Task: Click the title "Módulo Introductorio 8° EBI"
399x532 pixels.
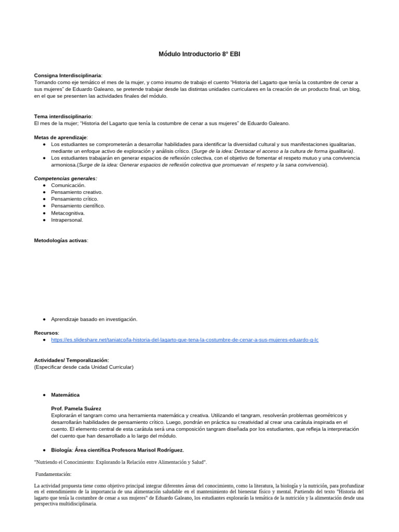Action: pos(199,54)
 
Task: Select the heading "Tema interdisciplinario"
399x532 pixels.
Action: pos(62,116)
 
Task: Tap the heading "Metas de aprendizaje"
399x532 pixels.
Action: pos(60,137)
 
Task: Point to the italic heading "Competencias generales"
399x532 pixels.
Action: pos(65,178)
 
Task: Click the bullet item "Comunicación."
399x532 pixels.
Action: pos(68,185)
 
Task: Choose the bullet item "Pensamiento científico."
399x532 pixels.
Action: pos(77,206)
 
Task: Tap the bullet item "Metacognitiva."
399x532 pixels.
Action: pos(68,213)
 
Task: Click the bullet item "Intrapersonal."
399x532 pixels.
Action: pos(67,220)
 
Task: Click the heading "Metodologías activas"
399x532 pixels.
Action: pos(60,241)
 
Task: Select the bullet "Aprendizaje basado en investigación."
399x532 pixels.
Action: pos(94,319)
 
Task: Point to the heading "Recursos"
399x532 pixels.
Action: pos(46,332)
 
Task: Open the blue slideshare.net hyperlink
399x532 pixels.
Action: pos(184,340)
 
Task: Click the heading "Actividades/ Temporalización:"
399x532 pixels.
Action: pos(72,360)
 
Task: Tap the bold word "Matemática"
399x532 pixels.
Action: pos(65,395)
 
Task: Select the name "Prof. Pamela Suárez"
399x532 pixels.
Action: pos(75,408)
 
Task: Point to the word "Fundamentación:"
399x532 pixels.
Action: pos(54,474)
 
